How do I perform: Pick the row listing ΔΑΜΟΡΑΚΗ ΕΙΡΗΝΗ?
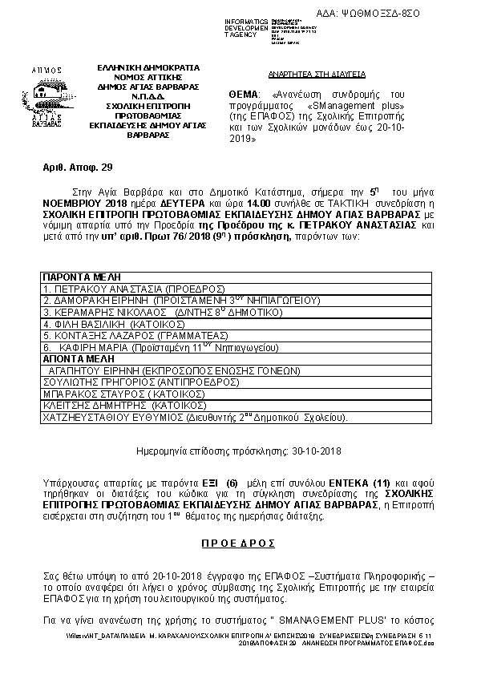pyautogui.click(x=180, y=300)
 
